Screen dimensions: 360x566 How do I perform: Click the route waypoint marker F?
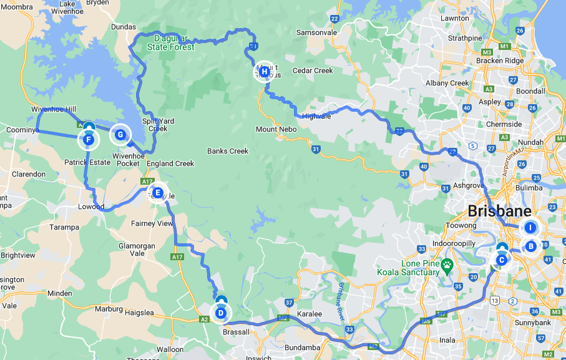pos(89,140)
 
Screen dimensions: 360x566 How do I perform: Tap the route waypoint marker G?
pos(120,134)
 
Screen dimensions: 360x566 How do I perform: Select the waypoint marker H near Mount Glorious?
pos(264,72)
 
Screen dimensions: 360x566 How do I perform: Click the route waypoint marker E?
pos(157,193)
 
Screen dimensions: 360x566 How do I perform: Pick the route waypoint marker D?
pos(220,313)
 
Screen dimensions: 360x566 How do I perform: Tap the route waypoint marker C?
pos(501,260)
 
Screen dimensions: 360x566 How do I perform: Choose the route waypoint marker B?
pos(530,246)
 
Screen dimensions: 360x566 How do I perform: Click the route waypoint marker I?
pos(530,228)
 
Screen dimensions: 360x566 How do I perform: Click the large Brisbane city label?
pos(499,210)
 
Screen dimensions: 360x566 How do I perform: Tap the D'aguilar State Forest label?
pos(171,42)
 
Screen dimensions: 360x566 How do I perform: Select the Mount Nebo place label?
pos(275,129)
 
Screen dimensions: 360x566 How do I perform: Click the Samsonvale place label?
pos(316,32)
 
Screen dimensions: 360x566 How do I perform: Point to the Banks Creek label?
pos(228,151)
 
